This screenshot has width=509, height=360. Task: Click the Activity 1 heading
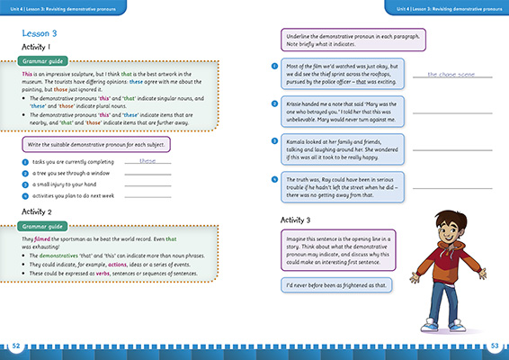(40, 47)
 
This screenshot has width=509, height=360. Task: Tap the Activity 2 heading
(41, 211)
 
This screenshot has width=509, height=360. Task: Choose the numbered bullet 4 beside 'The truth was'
(272, 180)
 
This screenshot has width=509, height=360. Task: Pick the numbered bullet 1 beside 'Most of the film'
(272, 65)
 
